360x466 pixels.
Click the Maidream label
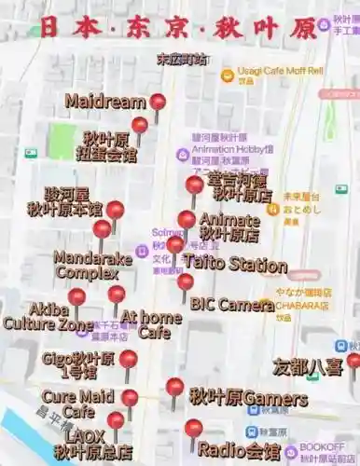click(105, 102)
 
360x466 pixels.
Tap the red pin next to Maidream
click(158, 103)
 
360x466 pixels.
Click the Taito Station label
click(235, 264)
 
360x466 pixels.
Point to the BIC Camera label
click(232, 304)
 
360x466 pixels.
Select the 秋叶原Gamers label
click(248, 399)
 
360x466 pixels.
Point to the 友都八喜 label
click(308, 367)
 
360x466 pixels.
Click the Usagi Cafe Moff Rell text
click(280, 71)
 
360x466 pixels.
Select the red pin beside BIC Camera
click(186, 281)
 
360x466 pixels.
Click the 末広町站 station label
click(182, 59)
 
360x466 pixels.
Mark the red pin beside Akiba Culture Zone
click(76, 297)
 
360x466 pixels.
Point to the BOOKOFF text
click(323, 447)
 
